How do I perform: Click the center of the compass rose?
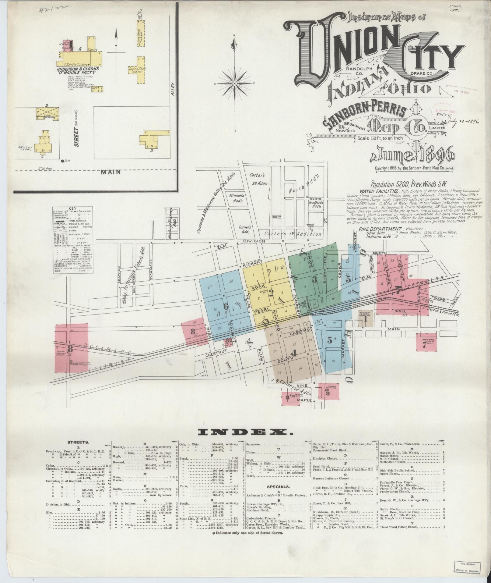pyautogui.click(x=235, y=83)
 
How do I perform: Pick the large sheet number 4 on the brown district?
pyautogui.click(x=293, y=353)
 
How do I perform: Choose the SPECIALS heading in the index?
pyautogui.click(x=278, y=487)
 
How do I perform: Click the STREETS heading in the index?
pyautogui.click(x=78, y=442)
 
